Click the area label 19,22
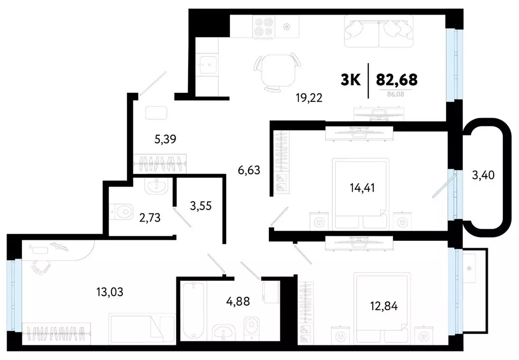309,98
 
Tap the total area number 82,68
397,79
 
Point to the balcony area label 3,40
483,176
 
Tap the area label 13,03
110,292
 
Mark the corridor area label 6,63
248,170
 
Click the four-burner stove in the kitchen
264,28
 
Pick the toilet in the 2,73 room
120,209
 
